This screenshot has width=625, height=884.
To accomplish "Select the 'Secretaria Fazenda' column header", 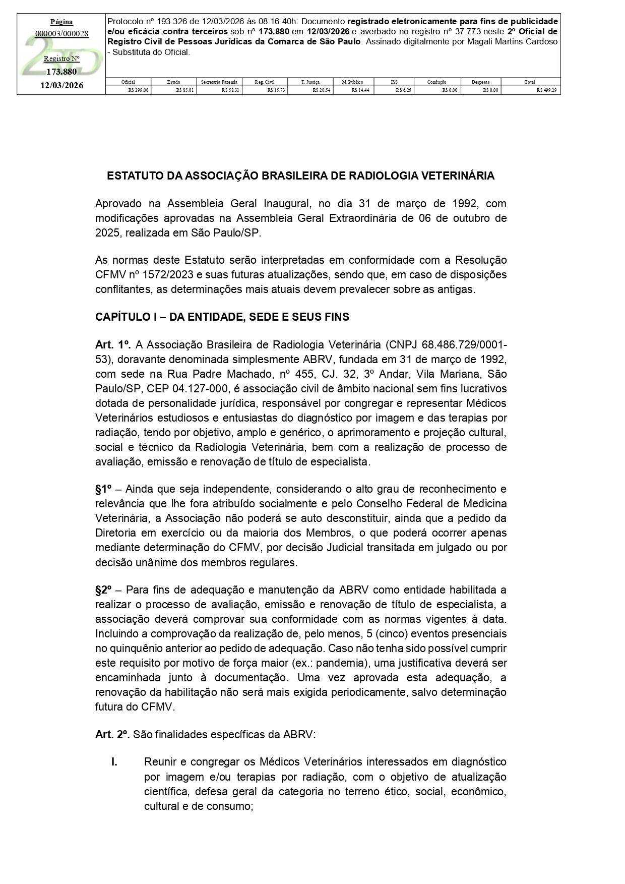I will coord(219,82).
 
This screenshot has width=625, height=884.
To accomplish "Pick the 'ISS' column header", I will coord(394,82).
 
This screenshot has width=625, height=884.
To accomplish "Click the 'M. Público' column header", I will coord(352,82).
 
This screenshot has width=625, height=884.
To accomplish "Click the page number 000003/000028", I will coord(61,34).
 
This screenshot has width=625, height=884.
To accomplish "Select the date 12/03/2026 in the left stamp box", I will coord(61,86).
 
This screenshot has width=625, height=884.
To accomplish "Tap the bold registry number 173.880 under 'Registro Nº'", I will coord(61,72).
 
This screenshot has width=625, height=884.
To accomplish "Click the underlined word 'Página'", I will coord(61,22).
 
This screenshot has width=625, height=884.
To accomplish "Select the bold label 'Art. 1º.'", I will coord(113,345).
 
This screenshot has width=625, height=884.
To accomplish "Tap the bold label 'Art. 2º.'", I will coord(113,735).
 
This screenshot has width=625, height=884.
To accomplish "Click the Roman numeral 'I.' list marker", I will coord(114,762).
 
